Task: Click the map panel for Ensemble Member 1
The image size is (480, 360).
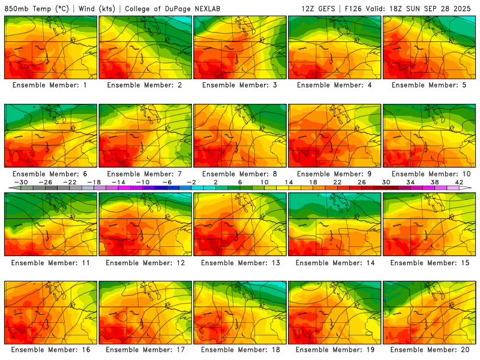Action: click(50, 47)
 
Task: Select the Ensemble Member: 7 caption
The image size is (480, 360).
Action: click(145, 173)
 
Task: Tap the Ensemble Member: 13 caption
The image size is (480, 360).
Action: click(240, 262)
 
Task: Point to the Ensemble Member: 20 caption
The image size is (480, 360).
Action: click(430, 350)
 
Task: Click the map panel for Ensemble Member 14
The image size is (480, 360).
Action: click(335, 224)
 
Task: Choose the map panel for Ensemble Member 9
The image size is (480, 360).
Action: click(335, 136)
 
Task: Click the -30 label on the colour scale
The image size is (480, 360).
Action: click(21, 182)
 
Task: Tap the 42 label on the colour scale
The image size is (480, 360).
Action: click(458, 182)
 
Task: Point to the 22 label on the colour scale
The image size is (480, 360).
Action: click(337, 182)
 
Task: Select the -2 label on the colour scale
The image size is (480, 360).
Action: click(191, 182)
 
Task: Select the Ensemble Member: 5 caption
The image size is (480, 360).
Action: click(430, 85)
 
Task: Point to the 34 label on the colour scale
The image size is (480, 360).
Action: click(410, 182)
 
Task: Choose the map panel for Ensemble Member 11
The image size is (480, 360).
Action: click(50, 224)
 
